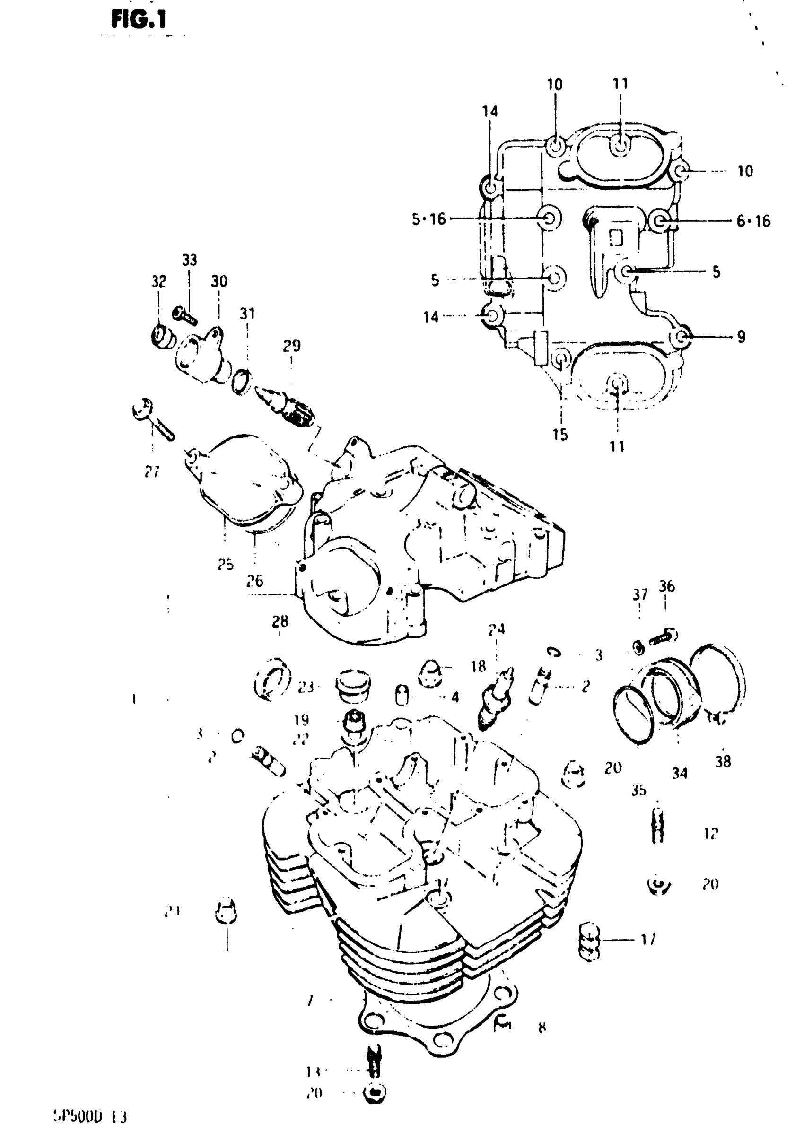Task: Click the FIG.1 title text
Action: [139, 20]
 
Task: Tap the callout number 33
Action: [189, 260]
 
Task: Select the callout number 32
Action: [159, 282]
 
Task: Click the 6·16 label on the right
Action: [753, 221]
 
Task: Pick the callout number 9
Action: [741, 337]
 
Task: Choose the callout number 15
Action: [560, 434]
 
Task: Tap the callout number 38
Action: [723, 761]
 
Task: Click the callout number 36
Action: [667, 586]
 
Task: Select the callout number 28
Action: [280, 621]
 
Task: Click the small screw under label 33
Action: [185, 314]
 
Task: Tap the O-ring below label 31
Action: [241, 381]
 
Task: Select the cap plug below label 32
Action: [162, 337]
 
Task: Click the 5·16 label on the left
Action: [429, 219]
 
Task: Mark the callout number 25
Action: [226, 564]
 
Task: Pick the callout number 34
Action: [680, 773]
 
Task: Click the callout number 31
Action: [247, 314]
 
